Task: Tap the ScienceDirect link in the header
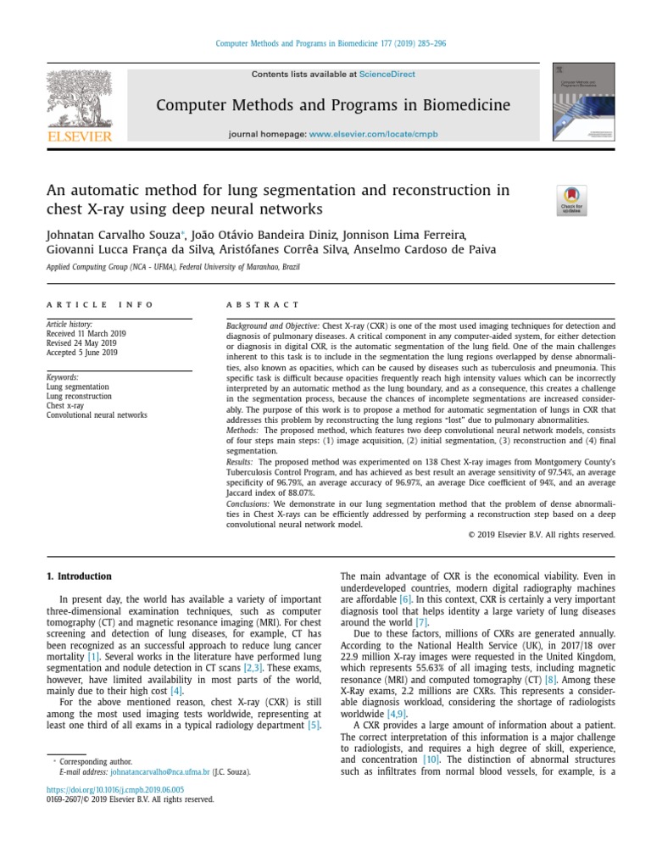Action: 387,75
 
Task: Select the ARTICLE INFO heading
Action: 100,304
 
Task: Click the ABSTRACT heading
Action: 262,304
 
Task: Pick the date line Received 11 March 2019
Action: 86,334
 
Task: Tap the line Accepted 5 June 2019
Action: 81,353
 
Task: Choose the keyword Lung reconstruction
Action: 79,396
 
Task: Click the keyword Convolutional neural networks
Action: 97,415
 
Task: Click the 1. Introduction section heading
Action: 79,576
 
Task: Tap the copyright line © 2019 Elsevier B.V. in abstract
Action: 541,535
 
